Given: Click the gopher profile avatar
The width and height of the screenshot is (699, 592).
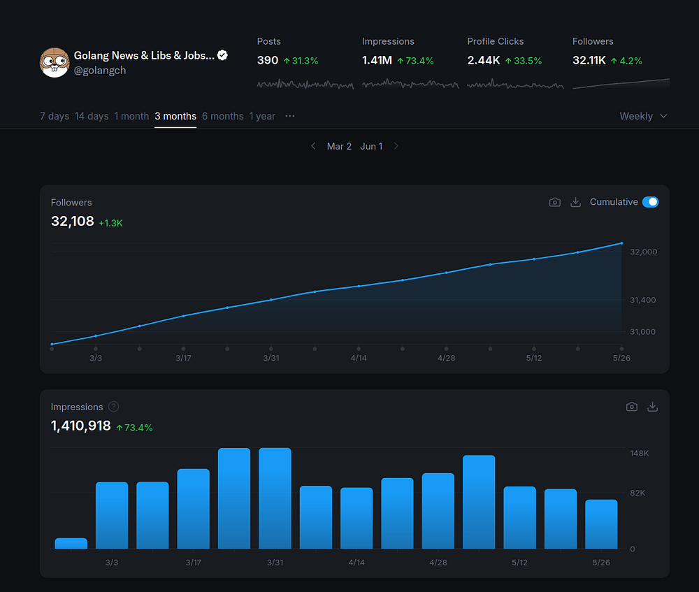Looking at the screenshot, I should coord(55,63).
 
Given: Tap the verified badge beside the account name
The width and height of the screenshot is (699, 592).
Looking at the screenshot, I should coord(222,55).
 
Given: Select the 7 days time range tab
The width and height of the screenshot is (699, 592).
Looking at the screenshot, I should coord(55,116).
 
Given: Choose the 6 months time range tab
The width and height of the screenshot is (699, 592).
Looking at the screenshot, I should coord(222,116).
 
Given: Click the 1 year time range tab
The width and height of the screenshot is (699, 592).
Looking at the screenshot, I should coord(262,116).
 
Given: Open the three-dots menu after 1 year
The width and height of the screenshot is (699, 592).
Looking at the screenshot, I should coord(290,116).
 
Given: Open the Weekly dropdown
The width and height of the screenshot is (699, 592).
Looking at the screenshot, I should coord(643,116).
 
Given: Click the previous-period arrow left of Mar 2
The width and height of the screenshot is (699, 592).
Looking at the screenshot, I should coord(313,146).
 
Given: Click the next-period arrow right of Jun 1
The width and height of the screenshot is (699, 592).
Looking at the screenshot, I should coord(396,146).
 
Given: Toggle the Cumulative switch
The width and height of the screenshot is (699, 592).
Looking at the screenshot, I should coord(650,202).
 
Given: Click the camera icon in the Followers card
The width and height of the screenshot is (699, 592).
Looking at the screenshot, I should coord(555,202).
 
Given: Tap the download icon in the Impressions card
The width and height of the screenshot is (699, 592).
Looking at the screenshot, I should coord(653,407).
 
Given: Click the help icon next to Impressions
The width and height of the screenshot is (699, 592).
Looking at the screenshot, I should coord(114,407).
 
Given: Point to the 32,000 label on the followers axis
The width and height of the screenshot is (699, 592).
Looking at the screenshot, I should coord(643,252).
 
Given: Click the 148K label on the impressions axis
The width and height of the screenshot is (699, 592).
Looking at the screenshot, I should coord(639,454).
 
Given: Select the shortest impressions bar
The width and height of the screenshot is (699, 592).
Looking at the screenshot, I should coord(71,543).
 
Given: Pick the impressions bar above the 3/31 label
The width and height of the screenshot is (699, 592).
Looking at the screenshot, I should coord(275,498).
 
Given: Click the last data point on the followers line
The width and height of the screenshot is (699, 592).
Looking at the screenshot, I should coord(621,243).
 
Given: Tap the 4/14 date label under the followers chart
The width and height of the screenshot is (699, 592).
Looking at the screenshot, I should coord(359,358).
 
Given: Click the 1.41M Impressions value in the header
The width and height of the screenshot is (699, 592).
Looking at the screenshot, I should coord(377,61).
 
